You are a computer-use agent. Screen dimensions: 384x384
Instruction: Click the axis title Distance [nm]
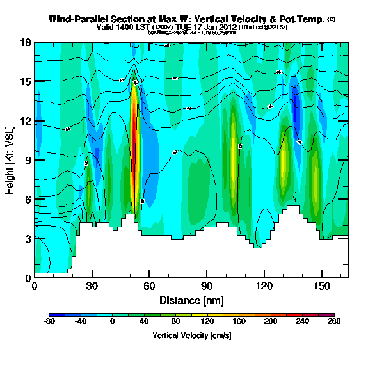(191, 300)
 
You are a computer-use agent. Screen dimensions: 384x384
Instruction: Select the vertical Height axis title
(11, 160)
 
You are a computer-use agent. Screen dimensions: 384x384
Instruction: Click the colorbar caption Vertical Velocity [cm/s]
(191, 335)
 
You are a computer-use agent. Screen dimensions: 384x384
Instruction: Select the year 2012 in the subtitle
(226, 28)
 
